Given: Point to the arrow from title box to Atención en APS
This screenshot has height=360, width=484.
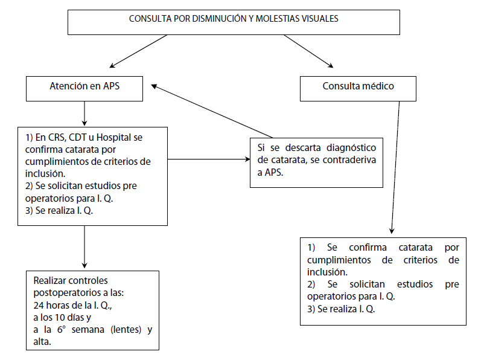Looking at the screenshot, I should [x=138, y=50].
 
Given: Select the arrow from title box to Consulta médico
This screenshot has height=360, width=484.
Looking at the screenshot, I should [x=308, y=50].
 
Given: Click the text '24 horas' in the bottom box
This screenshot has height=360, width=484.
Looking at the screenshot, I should [x=51, y=304].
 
